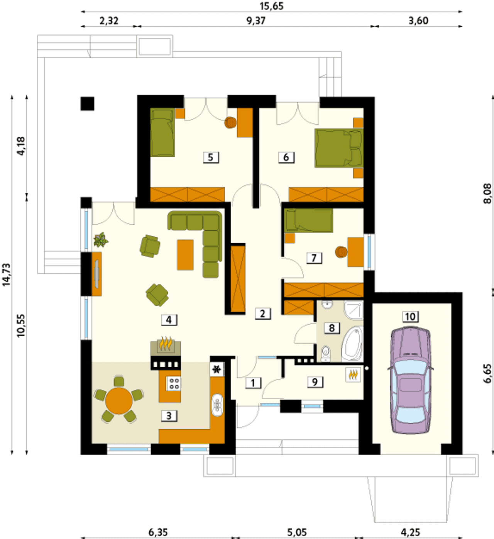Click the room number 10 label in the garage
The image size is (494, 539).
pos(410,317)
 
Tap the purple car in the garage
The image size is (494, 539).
pos(410,380)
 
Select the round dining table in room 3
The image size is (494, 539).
pos(119,401)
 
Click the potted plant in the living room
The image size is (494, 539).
pos(100,240)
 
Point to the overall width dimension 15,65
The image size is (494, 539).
pos(272,6)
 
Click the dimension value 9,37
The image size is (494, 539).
pos(256,21)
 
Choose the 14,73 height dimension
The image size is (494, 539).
pos(6,275)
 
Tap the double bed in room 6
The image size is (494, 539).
pos(339,148)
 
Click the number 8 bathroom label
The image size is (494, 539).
pos(332,328)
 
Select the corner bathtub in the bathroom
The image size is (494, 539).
pos(352,344)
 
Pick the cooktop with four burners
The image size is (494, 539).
pos(174,383)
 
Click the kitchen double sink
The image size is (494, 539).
pos(217,405)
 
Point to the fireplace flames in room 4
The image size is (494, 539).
pos(166,343)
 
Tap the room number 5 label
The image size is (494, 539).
pos(211,158)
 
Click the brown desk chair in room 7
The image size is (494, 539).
pos(341,252)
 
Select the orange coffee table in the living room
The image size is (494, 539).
pos(185,255)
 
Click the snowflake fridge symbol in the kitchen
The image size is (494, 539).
pos(217,370)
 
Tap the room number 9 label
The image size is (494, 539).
pos(315,382)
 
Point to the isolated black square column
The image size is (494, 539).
pos(87,104)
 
